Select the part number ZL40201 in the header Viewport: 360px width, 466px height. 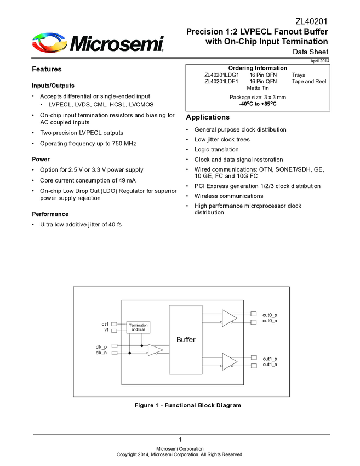[x=312, y=21]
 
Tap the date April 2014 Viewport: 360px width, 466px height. [x=320, y=61]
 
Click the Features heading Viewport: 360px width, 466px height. [x=47, y=69]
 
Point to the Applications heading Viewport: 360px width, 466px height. [x=208, y=117]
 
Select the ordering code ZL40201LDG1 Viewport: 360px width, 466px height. [x=221, y=75]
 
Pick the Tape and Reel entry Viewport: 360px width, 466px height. [x=309, y=81]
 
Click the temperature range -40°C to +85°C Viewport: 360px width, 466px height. [x=258, y=103]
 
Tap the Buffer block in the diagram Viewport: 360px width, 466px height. [x=186, y=339]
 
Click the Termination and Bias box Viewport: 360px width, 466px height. [x=138, y=327]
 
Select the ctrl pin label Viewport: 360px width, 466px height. [x=105, y=324]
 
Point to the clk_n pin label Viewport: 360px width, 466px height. [x=101, y=353]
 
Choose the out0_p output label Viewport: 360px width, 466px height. [x=270, y=315]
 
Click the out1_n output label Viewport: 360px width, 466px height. [x=270, y=365]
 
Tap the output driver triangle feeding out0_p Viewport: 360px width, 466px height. [x=228, y=318]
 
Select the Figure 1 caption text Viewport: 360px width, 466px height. [x=188, y=405]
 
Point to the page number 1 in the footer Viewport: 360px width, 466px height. [x=180, y=440]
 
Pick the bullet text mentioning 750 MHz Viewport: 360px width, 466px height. [x=88, y=143]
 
